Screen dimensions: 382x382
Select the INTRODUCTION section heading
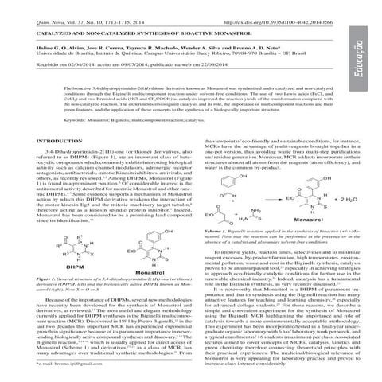(x=43, y=140)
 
